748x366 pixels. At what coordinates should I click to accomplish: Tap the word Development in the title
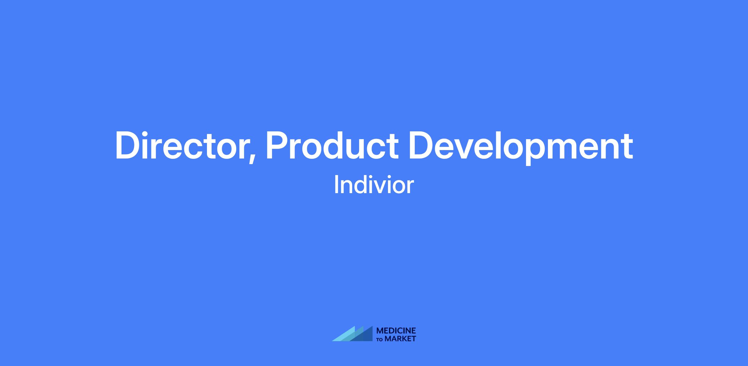[521, 147]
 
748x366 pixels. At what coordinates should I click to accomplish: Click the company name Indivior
[374, 185]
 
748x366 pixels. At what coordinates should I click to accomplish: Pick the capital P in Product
[277, 145]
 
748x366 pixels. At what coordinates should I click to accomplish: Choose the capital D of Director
[128, 145]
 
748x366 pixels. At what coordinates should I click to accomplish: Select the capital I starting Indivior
[336, 185]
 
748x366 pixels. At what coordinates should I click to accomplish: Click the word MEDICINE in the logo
[396, 330]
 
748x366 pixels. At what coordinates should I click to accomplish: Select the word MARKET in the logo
[400, 339]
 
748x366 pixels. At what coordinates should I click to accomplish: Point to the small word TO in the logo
[380, 339]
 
